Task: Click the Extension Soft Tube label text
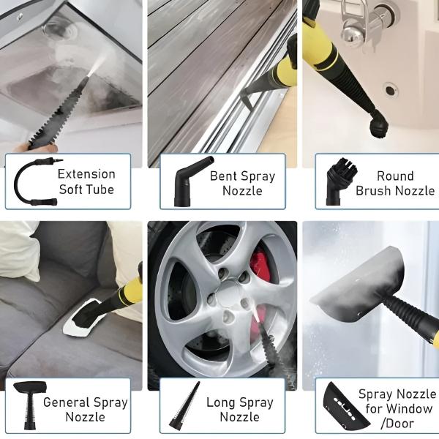(86, 181)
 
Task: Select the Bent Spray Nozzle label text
(242, 184)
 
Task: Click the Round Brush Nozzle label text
(395, 184)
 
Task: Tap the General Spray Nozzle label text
(86, 409)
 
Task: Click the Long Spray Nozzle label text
(240, 410)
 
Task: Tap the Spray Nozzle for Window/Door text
(397, 408)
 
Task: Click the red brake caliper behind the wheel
(260, 265)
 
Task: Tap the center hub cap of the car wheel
(230, 291)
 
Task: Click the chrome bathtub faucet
(364, 23)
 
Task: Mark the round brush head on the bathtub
(378, 124)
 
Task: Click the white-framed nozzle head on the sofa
(81, 318)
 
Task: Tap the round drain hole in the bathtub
(390, 90)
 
